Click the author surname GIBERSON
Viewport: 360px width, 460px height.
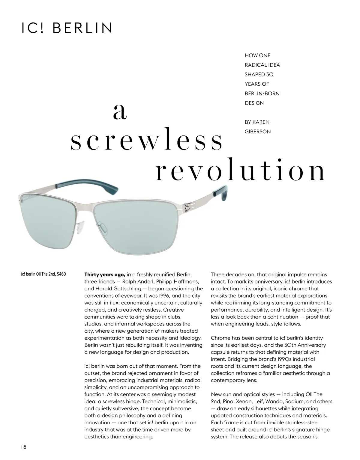tap(257, 132)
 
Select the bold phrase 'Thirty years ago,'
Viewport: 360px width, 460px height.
tap(105, 275)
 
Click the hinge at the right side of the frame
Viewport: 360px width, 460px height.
tap(189, 207)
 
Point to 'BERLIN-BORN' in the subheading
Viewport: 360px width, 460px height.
tap(262, 93)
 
